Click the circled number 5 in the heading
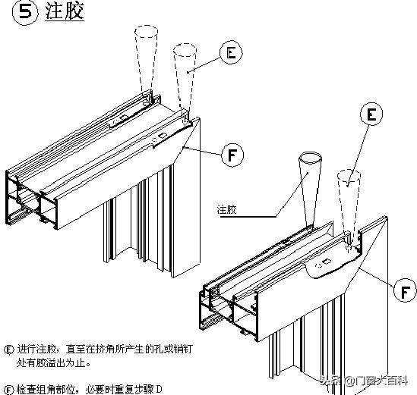pos(27,13)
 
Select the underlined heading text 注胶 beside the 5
pos(65,13)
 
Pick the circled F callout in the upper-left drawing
pos(232,155)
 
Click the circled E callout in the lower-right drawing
pos(371,115)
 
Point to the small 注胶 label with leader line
pos(227,208)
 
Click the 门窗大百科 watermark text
pos(384,382)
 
